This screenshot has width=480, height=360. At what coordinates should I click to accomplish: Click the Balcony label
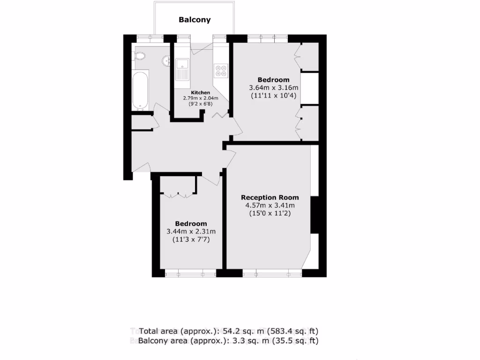tap(195, 20)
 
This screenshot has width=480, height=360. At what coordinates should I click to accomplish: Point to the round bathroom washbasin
tap(166, 61)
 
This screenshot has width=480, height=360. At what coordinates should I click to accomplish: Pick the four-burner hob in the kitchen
tap(221, 70)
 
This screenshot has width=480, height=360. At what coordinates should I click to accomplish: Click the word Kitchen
tap(200, 93)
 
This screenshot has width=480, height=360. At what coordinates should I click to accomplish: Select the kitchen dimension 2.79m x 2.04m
tap(201, 98)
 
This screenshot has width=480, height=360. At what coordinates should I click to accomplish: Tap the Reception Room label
tap(270, 197)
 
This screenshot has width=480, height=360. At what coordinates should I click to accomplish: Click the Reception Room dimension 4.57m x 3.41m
tap(270, 205)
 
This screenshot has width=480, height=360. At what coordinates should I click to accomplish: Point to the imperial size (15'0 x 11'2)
tap(270, 213)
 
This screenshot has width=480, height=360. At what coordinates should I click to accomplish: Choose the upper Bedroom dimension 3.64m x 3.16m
tap(274, 88)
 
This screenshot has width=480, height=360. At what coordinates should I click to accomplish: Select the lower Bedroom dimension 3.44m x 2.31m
tap(191, 232)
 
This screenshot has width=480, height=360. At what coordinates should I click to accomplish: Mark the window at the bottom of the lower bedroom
tap(190, 273)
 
